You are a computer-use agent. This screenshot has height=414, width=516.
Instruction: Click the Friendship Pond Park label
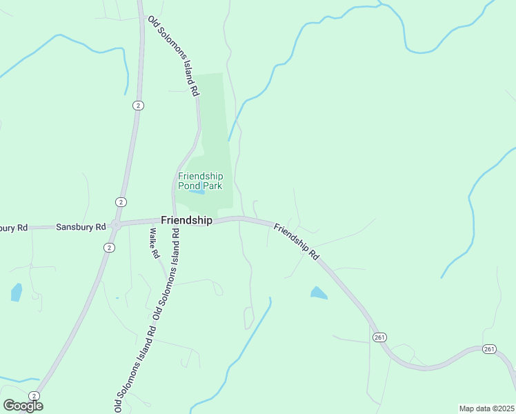tap(200, 180)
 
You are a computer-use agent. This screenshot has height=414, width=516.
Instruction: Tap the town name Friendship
tap(186, 220)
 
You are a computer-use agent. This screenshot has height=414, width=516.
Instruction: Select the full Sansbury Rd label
tap(81, 226)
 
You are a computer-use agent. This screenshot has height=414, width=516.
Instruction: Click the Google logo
tap(23, 406)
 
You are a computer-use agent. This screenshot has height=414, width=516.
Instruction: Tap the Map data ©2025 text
tap(486, 408)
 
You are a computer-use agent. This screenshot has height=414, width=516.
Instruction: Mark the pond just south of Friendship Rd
tap(318, 293)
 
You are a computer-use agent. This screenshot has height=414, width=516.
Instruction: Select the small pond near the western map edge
tap(16, 293)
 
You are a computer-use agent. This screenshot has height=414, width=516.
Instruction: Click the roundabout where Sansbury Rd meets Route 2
tap(117, 224)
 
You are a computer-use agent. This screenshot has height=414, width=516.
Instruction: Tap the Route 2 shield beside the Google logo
tap(34, 395)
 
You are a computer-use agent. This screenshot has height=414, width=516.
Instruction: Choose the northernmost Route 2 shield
tap(139, 105)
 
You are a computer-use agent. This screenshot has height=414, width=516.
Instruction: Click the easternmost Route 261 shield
tap(488, 349)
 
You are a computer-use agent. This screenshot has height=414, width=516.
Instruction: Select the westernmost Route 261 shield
tap(379, 337)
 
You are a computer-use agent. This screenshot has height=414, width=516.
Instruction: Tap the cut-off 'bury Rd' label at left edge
tap(14, 228)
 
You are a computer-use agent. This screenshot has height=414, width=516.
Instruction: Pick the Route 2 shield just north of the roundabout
tap(121, 201)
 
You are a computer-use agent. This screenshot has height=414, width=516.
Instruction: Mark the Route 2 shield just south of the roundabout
tap(109, 247)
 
